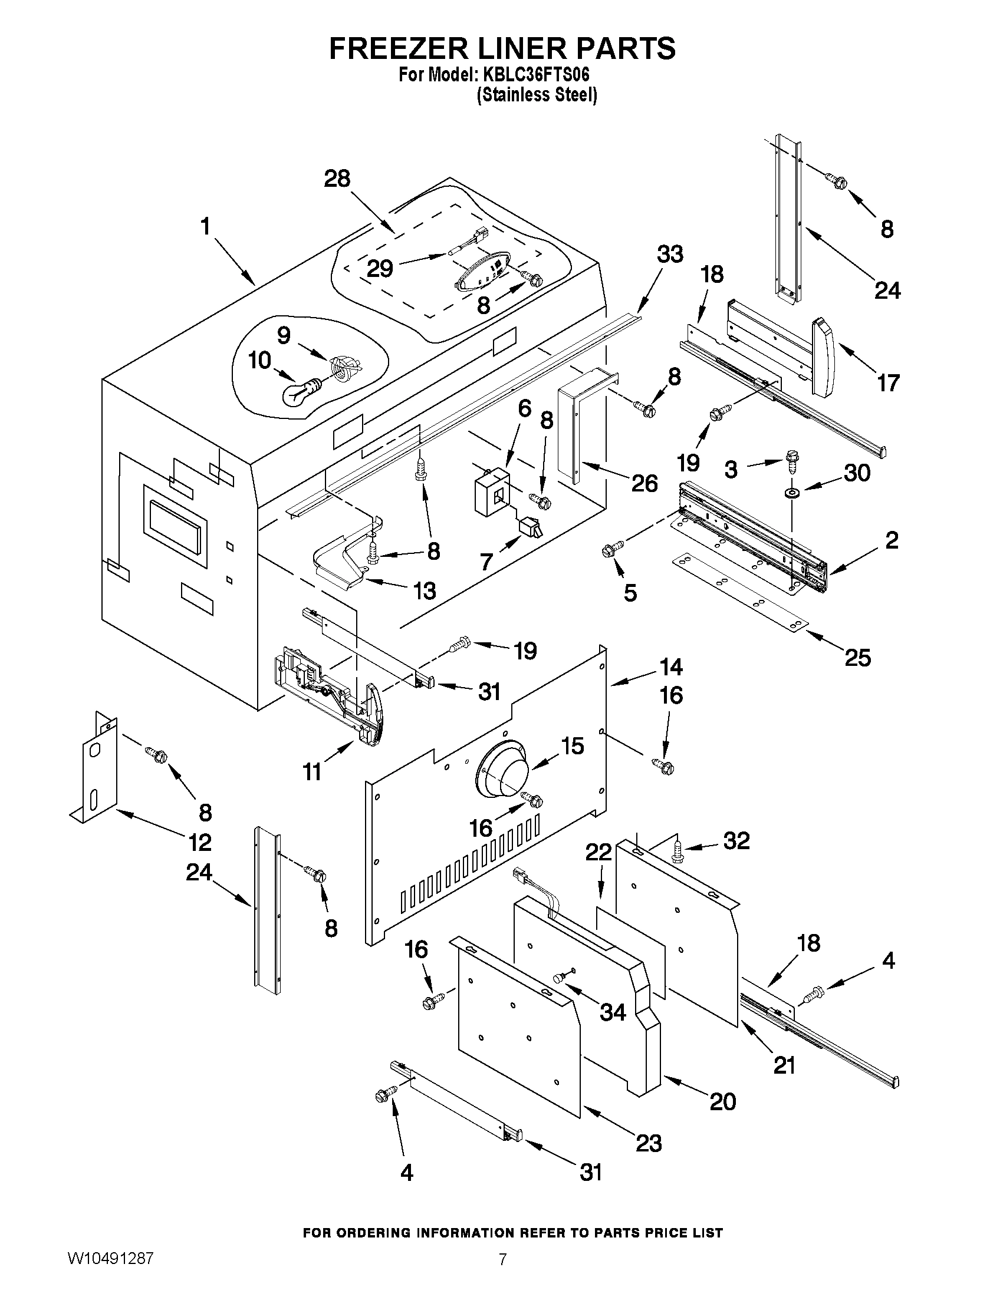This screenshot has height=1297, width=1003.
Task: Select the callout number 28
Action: [337, 179]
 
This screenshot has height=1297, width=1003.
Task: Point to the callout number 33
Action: [670, 254]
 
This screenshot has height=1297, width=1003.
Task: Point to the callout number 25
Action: [857, 658]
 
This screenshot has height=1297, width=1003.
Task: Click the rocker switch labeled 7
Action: [528, 527]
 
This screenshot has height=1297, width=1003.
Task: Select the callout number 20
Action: [723, 1101]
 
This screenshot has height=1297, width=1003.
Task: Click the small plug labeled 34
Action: [558, 977]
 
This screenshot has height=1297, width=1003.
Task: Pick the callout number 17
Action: [889, 383]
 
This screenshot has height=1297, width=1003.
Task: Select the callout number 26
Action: [644, 483]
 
